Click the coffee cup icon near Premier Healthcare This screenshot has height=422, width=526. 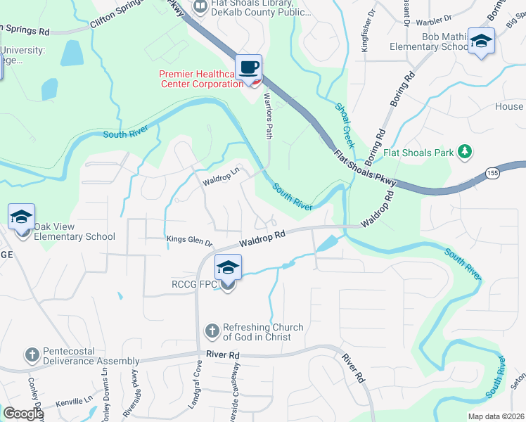(x=249, y=68)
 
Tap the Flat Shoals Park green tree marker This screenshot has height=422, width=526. (x=463, y=151)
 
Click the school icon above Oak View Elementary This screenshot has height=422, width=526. (x=21, y=217)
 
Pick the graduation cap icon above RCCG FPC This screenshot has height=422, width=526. (x=228, y=267)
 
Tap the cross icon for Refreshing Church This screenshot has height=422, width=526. (x=212, y=331)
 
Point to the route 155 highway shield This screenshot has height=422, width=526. (x=493, y=173)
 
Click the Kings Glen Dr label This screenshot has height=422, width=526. (x=189, y=241)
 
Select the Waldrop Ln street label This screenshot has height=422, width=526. (x=222, y=177)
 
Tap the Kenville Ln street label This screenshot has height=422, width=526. (x=75, y=400)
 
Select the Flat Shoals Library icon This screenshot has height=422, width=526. (x=200, y=6)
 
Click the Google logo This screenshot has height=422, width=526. (x=23, y=414)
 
